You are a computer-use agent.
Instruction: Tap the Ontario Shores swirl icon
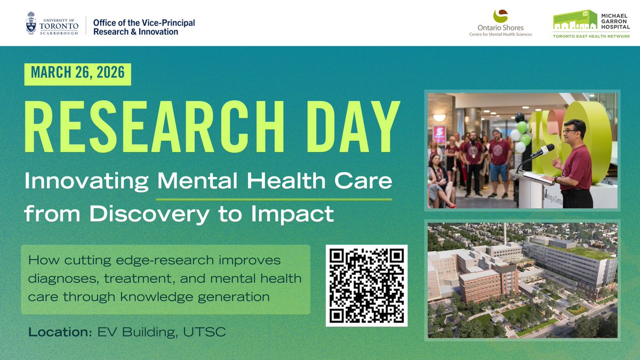(x=501, y=16)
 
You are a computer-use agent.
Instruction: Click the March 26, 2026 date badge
(x=77, y=74)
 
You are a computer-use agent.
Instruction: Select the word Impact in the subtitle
(x=299, y=214)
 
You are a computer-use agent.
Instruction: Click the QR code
(x=366, y=285)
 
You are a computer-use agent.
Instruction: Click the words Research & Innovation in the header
(x=135, y=32)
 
